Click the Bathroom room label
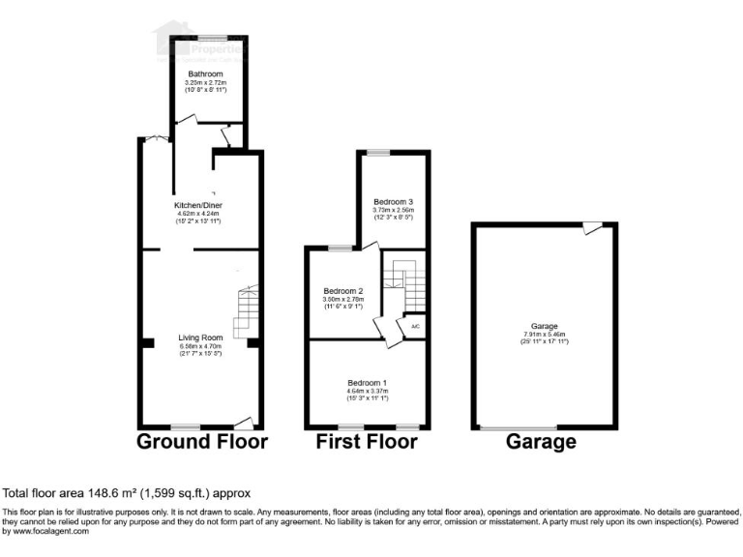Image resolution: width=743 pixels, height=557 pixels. click(205, 73)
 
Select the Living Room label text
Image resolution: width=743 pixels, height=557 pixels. click(200, 338)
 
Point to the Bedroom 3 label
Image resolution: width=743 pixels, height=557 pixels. click(394, 201)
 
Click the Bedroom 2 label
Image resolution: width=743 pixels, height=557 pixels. click(343, 291)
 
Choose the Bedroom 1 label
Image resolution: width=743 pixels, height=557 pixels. click(368, 383)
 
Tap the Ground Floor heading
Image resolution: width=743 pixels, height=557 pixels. click(201, 443)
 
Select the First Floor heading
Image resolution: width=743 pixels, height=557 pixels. click(368, 443)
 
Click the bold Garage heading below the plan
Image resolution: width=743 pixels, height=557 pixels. click(541, 443)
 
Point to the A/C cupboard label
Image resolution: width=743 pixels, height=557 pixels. click(416, 327)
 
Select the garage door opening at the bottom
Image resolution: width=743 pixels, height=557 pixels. click(519, 427)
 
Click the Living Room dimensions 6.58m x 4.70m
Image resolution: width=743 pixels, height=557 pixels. click(200, 346)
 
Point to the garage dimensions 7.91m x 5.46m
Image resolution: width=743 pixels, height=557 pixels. click(545, 335)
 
